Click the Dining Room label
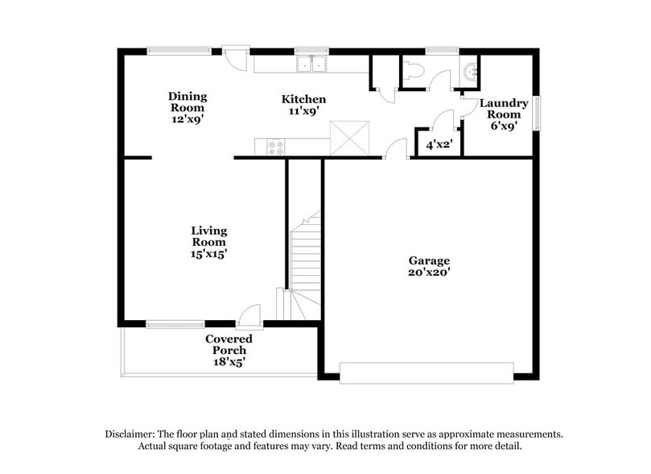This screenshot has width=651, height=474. (x=187, y=102)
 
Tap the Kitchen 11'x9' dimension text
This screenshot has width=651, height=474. (x=303, y=112)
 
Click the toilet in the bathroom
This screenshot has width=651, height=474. (x=411, y=70)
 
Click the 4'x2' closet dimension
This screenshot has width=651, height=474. (x=439, y=145)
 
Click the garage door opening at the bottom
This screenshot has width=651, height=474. (x=426, y=372)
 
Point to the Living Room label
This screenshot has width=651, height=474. (x=208, y=236)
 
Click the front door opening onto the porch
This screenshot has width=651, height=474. (x=251, y=315)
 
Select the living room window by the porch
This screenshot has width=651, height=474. (x=175, y=324)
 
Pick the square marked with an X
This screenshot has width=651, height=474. (x=350, y=138)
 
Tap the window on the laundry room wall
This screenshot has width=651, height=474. (x=537, y=114)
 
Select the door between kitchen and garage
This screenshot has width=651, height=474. (x=395, y=151)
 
